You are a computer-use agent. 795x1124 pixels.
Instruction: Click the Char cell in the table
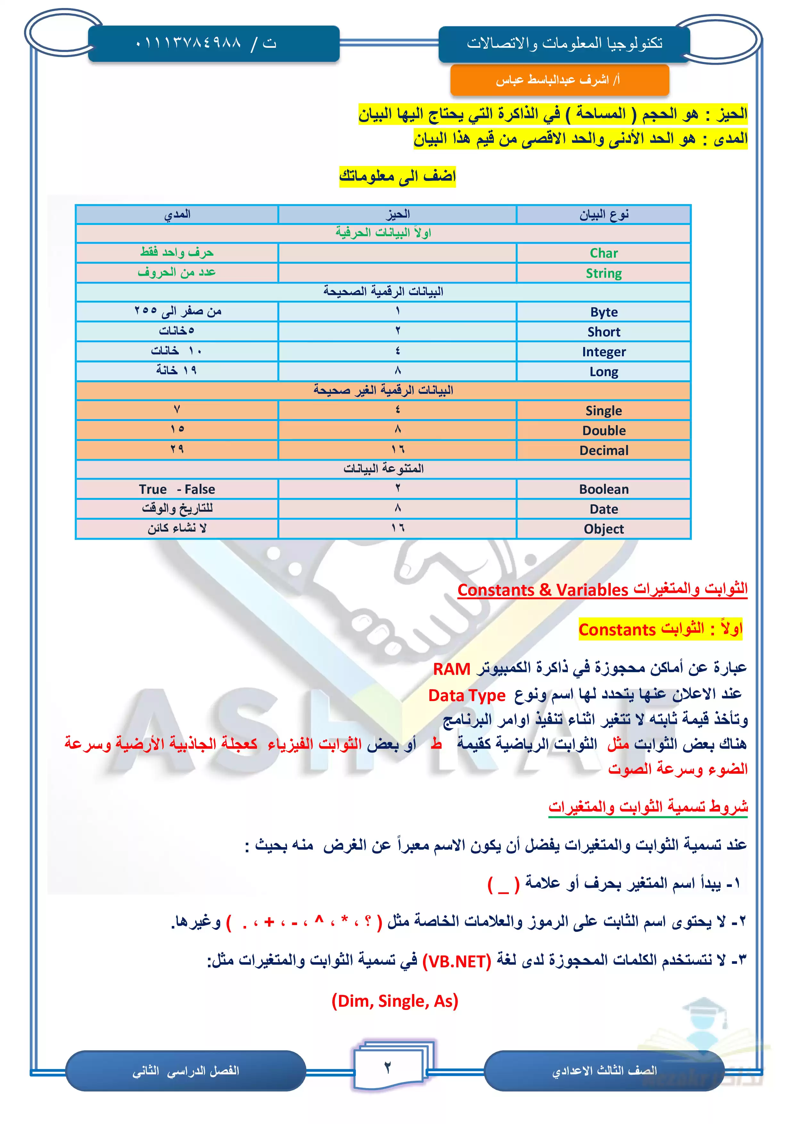point(604,253)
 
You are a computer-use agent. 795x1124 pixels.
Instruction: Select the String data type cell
point(604,273)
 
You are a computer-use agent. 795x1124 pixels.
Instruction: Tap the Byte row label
point(604,312)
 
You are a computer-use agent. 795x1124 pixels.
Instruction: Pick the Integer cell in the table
point(604,352)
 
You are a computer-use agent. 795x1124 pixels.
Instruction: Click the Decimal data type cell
point(604,450)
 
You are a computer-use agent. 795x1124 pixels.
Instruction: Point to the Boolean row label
point(604,490)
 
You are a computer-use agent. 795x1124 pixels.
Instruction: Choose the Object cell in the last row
point(604,529)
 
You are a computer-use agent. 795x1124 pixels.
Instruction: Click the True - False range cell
point(177,490)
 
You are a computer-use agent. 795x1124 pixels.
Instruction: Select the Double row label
point(604,431)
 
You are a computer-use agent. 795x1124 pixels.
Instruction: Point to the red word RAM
point(451,669)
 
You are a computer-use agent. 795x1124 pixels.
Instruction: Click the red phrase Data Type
point(467,695)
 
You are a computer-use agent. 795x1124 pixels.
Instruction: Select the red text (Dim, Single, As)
point(394,1001)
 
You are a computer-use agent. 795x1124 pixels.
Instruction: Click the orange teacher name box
point(559,80)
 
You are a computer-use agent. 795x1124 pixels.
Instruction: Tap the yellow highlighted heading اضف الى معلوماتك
point(397,176)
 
